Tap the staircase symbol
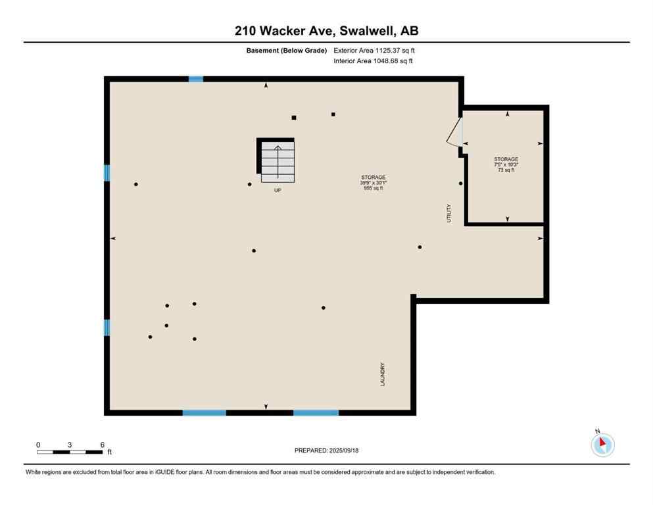[x=278, y=163]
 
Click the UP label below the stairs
[x=278, y=190]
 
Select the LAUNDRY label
[x=382, y=375]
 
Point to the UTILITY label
[x=449, y=213]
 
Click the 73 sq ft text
[x=506, y=170]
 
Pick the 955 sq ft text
[x=373, y=188]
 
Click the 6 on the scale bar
[x=102, y=445]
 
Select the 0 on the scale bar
[x=38, y=445]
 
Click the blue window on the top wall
[x=196, y=79]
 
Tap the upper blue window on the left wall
[x=107, y=173]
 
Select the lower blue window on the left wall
[x=107, y=327]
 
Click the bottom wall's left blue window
[x=205, y=413]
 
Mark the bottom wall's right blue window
[x=316, y=413]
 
